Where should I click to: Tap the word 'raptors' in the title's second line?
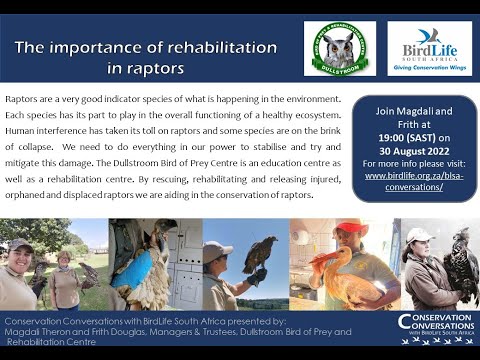click(x=157, y=68)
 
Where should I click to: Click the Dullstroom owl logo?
click(x=339, y=48)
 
